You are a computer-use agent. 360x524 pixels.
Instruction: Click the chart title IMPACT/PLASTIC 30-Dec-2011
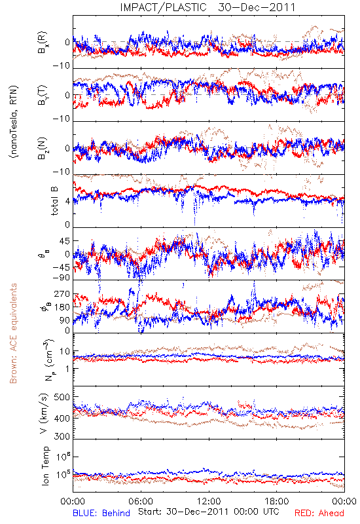click(x=207, y=7)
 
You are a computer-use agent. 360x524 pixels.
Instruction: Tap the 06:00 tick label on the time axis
click(x=141, y=501)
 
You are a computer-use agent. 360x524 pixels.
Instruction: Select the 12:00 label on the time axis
click(x=209, y=501)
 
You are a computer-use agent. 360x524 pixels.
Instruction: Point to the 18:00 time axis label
click(x=276, y=501)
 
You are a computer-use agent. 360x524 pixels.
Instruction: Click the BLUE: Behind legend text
click(x=101, y=513)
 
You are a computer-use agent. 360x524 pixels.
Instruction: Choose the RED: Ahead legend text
click(x=319, y=513)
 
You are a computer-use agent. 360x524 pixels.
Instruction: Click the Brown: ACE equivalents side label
click(x=13, y=333)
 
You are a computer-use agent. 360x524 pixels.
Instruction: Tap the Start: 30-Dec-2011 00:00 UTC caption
click(x=209, y=512)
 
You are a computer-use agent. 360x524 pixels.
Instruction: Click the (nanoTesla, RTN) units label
click(x=14, y=122)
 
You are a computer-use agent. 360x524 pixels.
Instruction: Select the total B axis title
click(x=54, y=200)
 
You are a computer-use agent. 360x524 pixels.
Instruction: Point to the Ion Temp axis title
click(x=45, y=465)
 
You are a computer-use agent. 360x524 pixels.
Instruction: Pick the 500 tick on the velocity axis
click(x=62, y=397)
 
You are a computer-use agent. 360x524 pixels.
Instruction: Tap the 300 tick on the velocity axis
click(x=62, y=436)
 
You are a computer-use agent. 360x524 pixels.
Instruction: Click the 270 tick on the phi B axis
click(x=62, y=293)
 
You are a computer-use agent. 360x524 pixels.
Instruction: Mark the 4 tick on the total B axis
click(x=68, y=202)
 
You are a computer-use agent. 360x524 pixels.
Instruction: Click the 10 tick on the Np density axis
click(x=65, y=352)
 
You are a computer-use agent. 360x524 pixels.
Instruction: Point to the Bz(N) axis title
click(x=43, y=148)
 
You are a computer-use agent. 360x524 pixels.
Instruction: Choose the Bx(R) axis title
click(x=43, y=42)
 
